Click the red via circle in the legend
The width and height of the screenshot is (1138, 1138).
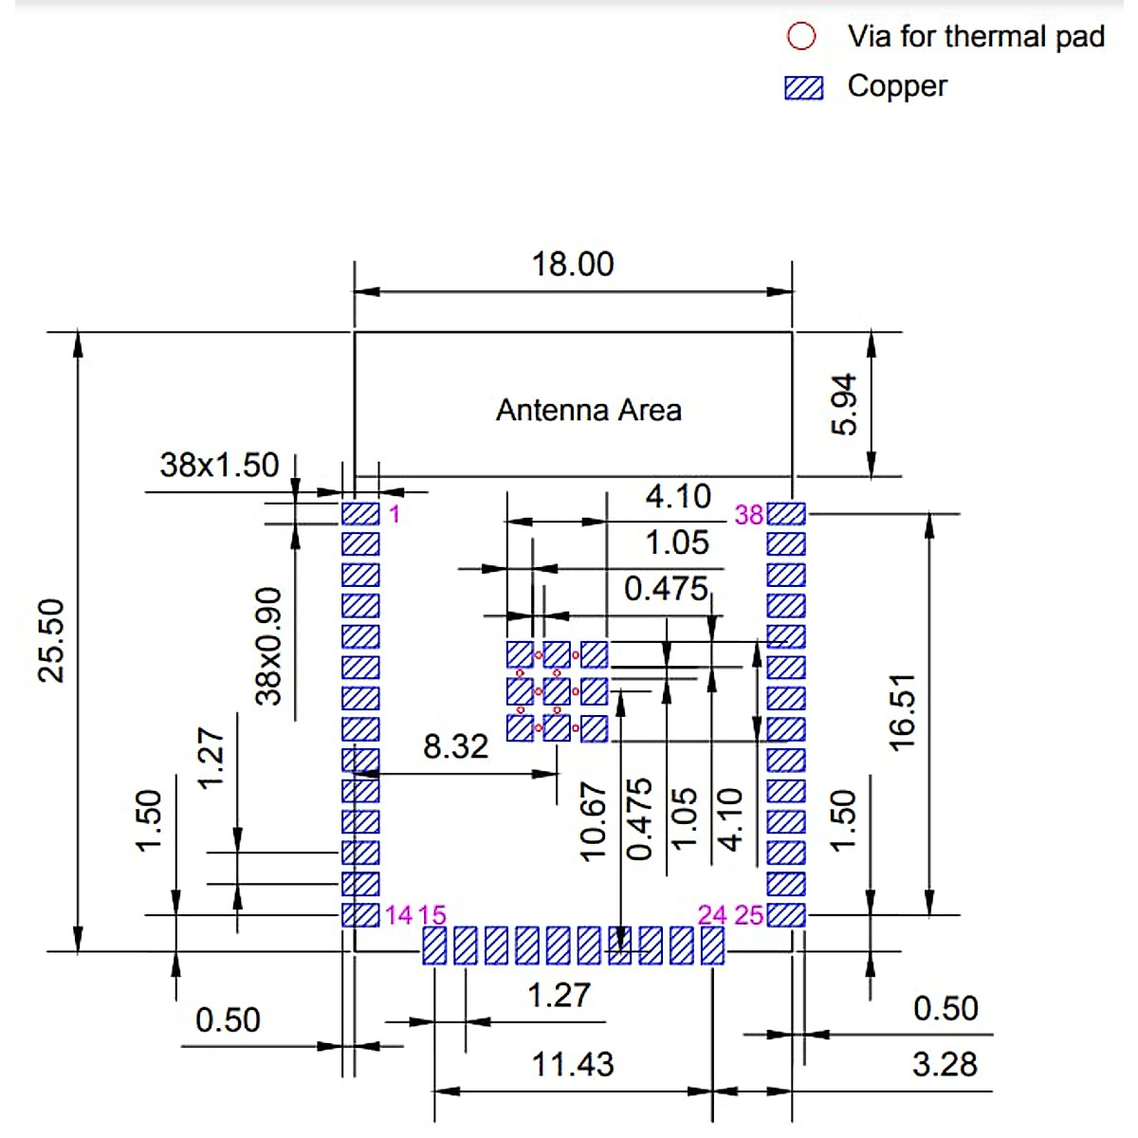(800, 36)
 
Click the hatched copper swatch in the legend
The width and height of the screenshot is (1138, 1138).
(803, 88)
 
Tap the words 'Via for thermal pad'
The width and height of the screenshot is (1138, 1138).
(976, 37)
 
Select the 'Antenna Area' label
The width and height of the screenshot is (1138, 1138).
(588, 410)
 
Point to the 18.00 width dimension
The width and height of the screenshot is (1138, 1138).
(572, 264)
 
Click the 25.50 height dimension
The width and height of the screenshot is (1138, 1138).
(51, 641)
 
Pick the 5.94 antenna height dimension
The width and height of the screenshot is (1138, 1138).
(843, 405)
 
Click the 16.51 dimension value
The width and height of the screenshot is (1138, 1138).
(902, 713)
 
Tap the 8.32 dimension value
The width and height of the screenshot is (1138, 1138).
(455, 746)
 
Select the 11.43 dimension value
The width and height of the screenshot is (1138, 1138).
(572, 1064)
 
